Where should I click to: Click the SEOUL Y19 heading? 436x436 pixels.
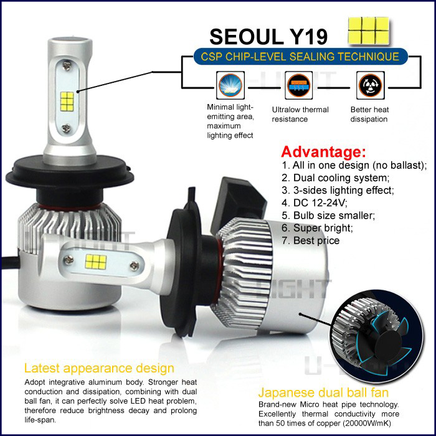pyautogui.click(x=268, y=37)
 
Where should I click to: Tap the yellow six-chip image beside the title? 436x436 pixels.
pyautogui.click(x=369, y=31)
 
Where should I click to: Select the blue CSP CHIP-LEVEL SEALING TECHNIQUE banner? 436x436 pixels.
pyautogui.click(x=300, y=57)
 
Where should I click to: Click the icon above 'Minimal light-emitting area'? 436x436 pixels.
pyautogui.click(x=230, y=85)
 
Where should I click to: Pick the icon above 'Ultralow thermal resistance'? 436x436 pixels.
pyautogui.click(x=298, y=85)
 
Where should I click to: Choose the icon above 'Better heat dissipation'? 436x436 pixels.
pyautogui.click(x=371, y=85)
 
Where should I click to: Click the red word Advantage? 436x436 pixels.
pyautogui.click(x=323, y=152)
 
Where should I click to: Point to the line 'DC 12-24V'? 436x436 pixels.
pyautogui.click(x=315, y=202)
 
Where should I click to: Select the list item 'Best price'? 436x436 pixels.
pyautogui.click(x=311, y=240)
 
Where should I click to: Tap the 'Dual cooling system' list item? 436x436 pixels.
pyautogui.click(x=336, y=178)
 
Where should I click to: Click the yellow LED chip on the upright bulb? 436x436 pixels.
pyautogui.click(x=67, y=101)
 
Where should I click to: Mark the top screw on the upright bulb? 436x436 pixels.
pyautogui.click(x=67, y=66)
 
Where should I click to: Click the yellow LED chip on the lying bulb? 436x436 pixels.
pyautogui.click(x=96, y=262)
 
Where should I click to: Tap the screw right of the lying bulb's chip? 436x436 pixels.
pyautogui.click(x=135, y=266)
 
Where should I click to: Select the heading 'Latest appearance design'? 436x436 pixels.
pyautogui.click(x=99, y=368)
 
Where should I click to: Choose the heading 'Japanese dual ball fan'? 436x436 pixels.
pyautogui.click(x=323, y=392)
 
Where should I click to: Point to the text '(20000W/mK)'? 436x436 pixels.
pyautogui.click(x=367, y=423)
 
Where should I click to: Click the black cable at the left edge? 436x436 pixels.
pyautogui.click(x=11, y=262)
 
